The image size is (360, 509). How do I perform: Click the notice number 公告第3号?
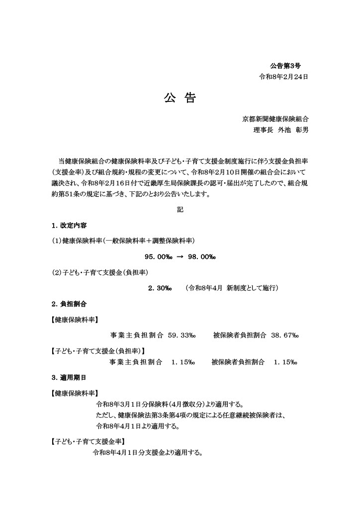[x=285, y=66]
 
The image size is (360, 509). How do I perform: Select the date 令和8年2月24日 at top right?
[x=283, y=77]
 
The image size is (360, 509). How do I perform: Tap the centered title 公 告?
[x=180, y=98]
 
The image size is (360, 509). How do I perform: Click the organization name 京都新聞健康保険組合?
[x=275, y=119]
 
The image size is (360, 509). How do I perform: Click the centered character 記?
[x=180, y=210]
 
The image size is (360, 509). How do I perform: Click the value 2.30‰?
[x=159, y=288]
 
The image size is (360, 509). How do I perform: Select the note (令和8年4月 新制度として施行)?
[x=231, y=288]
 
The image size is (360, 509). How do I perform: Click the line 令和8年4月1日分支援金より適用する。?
[x=147, y=453]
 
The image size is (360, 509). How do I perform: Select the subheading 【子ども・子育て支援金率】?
[x=88, y=441]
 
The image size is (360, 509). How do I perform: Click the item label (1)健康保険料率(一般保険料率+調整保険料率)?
[x=123, y=241]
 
